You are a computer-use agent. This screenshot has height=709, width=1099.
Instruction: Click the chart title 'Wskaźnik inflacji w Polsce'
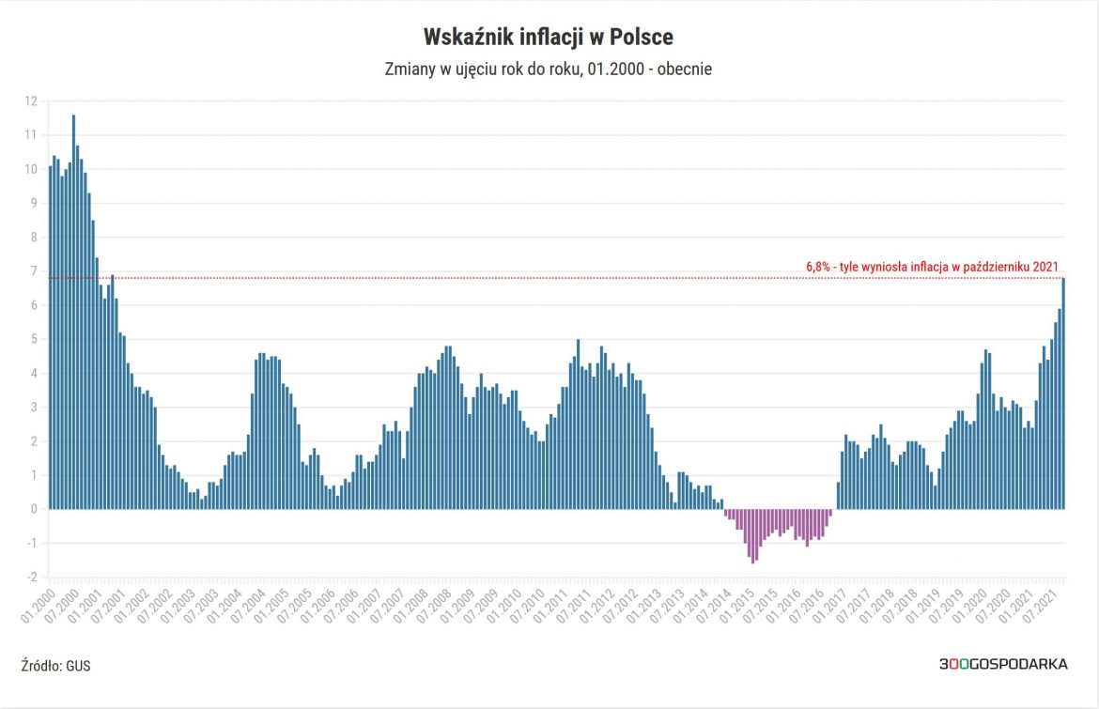pos(549,38)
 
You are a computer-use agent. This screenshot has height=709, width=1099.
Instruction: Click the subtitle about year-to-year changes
pos(549,69)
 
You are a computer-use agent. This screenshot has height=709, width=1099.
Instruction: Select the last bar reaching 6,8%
pos(1063,394)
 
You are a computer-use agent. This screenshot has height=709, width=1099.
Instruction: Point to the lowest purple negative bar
pos(753,535)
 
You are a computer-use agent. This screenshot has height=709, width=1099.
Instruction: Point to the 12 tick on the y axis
pos(31,101)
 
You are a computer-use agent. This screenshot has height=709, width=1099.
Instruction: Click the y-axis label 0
pos(34,509)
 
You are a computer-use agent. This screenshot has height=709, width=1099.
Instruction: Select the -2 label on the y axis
pos(31,577)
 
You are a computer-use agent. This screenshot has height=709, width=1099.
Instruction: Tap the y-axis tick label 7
pos(34,271)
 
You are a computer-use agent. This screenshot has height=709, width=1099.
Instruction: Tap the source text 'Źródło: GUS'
pos(55,665)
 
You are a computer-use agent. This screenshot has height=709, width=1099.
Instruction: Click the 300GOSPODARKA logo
pos(1002,664)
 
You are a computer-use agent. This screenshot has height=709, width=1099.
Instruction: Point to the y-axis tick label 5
pos(34,339)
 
